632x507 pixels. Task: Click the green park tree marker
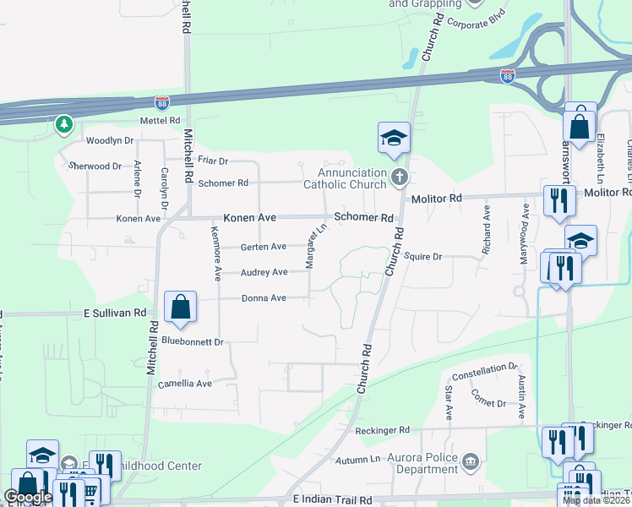[x=63, y=126]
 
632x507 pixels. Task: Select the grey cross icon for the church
[x=400, y=177]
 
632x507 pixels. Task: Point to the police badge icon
[x=471, y=462]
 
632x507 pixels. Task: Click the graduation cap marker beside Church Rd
[x=394, y=139]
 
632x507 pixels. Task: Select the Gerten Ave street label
[x=264, y=247]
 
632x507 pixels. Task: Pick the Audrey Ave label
[x=264, y=272]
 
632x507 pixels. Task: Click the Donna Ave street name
[x=264, y=297]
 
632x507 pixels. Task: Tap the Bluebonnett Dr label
[x=191, y=342]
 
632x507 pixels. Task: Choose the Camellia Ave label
[x=185, y=384]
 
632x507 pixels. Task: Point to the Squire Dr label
[x=423, y=255]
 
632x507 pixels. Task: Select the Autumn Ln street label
[x=357, y=460]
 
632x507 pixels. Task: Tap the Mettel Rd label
[x=161, y=121]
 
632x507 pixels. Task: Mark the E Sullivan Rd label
[x=115, y=313]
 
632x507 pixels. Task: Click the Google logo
[x=27, y=498]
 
